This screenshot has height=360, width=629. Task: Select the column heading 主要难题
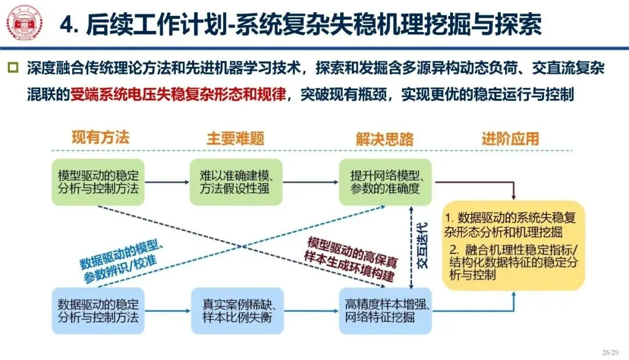[235, 139]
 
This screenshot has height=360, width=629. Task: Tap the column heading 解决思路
[384, 139]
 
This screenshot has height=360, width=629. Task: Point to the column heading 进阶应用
[510, 139]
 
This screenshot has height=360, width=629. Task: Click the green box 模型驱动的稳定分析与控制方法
[98, 182]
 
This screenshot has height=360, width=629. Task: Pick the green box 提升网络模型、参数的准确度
[385, 182]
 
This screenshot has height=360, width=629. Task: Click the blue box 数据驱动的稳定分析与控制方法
[98, 310]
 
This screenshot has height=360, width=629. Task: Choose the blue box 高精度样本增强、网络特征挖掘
[385, 310]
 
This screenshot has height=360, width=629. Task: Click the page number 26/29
[612, 352]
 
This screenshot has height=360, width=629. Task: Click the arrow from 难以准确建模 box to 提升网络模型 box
[311, 182]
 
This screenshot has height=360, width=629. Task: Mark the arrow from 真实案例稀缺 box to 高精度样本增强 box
[311, 311]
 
